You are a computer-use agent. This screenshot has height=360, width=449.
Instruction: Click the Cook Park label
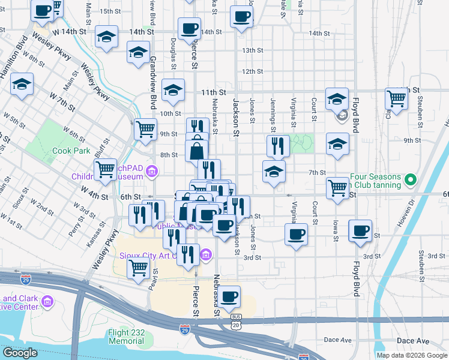pyautogui.click(x=71, y=151)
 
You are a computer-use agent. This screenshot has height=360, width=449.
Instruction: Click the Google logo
pyautogui.click(x=19, y=353)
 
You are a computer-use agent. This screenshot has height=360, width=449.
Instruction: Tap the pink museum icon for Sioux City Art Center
pyautogui.click(x=206, y=255)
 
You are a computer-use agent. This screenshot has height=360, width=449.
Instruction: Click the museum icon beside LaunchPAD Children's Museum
pyautogui.click(x=152, y=174)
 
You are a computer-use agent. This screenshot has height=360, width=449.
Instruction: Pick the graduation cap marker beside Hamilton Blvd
pyautogui.click(x=22, y=85)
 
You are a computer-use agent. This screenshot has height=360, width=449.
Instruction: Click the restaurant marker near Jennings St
pyautogui.click(x=278, y=145)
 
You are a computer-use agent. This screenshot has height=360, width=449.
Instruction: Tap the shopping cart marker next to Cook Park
pyautogui.click(x=106, y=170)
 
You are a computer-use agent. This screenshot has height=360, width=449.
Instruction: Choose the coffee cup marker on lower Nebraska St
pyautogui.click(x=229, y=296)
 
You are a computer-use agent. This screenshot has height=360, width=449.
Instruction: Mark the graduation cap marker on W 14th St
pyautogui.click(x=106, y=37)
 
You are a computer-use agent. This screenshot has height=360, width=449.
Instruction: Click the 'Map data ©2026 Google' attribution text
pyautogui.click(x=412, y=355)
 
